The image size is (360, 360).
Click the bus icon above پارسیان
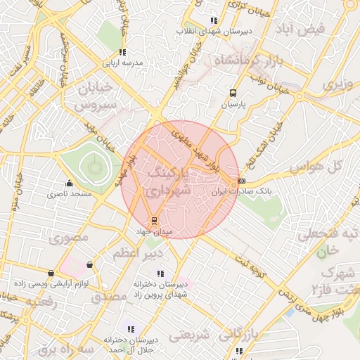tap(233, 92)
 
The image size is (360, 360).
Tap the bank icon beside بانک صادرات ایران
tap(242, 181)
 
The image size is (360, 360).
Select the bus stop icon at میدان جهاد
tap(154, 220)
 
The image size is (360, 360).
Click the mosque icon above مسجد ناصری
tap(68, 184)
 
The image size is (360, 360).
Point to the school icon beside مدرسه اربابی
tap(122, 52)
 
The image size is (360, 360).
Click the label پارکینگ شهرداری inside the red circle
tap(169, 181)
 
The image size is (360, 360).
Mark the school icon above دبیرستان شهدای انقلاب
tap(214, 21)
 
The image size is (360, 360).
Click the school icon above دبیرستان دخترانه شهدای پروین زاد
tap(161, 274)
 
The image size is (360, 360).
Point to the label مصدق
tap(109, 297)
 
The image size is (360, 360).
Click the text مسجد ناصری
tap(67, 193)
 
